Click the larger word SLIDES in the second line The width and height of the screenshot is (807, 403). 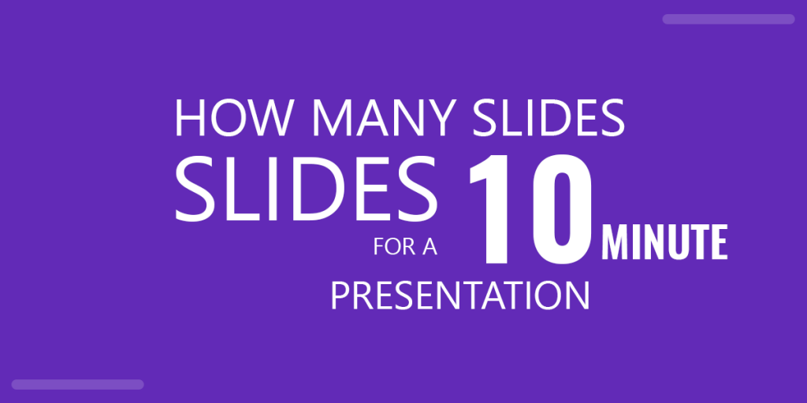coord(306,189)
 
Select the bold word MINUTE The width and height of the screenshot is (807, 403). coord(664,243)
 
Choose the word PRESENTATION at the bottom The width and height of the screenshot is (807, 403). coord(459,297)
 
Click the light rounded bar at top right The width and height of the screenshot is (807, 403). coord(728,19)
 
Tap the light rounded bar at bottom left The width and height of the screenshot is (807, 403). coord(77,384)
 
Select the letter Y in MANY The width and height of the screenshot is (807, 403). coord(437,118)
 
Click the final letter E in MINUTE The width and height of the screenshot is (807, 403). coord(719,243)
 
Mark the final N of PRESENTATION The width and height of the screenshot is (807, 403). coord(577,297)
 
